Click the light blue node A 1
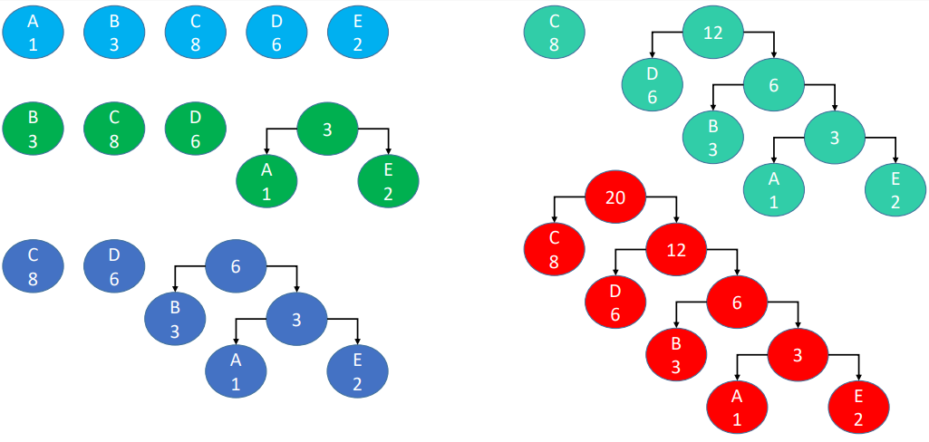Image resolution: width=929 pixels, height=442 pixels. pyautogui.click(x=33, y=32)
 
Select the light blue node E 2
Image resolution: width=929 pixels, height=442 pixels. pyautogui.click(x=358, y=32)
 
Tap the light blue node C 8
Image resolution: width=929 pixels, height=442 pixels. pyautogui.click(x=196, y=32)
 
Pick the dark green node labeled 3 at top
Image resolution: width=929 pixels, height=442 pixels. pyautogui.click(x=327, y=130)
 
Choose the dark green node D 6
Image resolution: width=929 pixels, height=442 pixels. pyautogui.click(x=196, y=130)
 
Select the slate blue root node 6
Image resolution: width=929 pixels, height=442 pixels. pyautogui.click(x=236, y=265)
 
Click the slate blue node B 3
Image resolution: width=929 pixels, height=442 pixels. pyautogui.click(x=175, y=318)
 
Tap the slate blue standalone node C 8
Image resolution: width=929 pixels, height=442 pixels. pyautogui.click(x=33, y=265)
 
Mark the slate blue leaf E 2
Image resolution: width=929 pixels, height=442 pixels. pyautogui.click(x=357, y=370)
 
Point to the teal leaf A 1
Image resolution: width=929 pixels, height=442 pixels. pyautogui.click(x=774, y=190)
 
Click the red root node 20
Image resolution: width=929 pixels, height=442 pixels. pyautogui.click(x=615, y=197)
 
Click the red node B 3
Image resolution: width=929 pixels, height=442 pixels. pyautogui.click(x=676, y=354)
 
